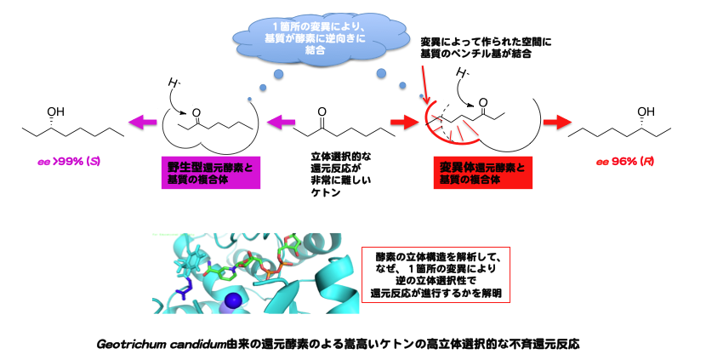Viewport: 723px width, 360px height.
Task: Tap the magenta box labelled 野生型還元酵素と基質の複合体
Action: point(208,169)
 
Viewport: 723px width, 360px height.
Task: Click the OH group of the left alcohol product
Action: point(56,111)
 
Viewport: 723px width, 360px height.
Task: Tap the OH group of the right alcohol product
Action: point(646,111)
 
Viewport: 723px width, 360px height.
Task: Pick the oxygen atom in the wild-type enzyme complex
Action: point(197,111)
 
